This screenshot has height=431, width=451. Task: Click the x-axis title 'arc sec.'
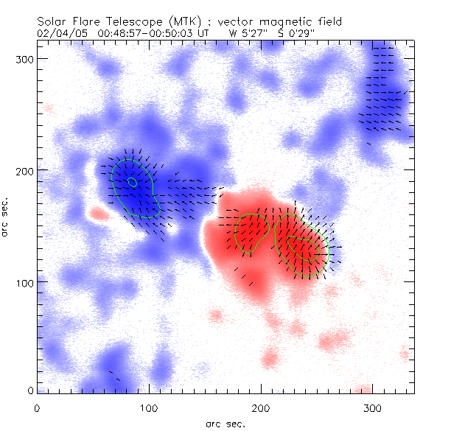[x=225, y=423]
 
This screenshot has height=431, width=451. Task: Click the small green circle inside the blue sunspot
[x=132, y=181]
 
